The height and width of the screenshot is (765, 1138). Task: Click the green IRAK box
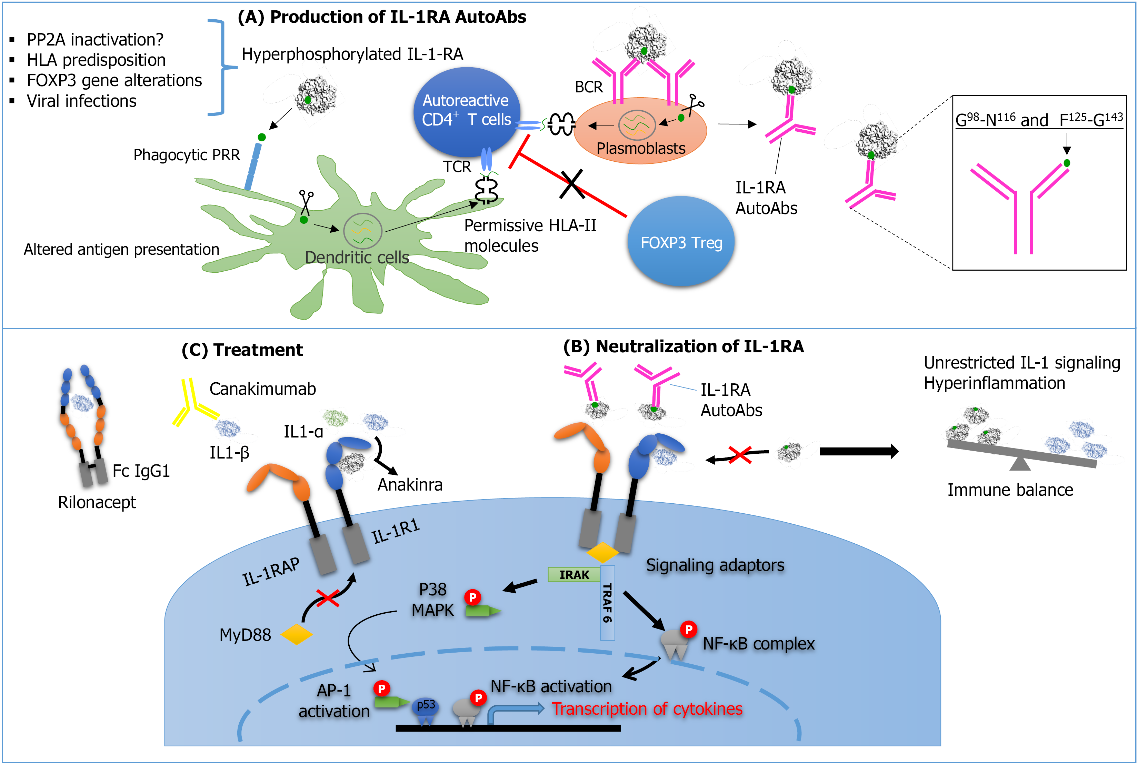pyautogui.click(x=574, y=575)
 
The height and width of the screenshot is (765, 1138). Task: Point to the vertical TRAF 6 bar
pyautogui.click(x=607, y=603)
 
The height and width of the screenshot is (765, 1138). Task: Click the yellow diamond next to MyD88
pyautogui.click(x=296, y=634)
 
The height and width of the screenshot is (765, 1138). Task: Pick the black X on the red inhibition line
pyautogui.click(x=571, y=184)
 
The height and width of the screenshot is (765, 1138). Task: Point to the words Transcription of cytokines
pyautogui.click(x=647, y=708)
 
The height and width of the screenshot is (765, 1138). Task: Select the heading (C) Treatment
pyautogui.click(x=242, y=350)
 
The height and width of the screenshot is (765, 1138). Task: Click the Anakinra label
pyautogui.click(x=410, y=484)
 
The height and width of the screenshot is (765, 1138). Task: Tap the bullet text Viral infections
pyautogui.click(x=81, y=101)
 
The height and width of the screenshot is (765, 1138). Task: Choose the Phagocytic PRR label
pyautogui.click(x=187, y=155)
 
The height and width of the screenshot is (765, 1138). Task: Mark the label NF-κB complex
pyautogui.click(x=758, y=644)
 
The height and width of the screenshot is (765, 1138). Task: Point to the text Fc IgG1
pyautogui.click(x=141, y=471)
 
